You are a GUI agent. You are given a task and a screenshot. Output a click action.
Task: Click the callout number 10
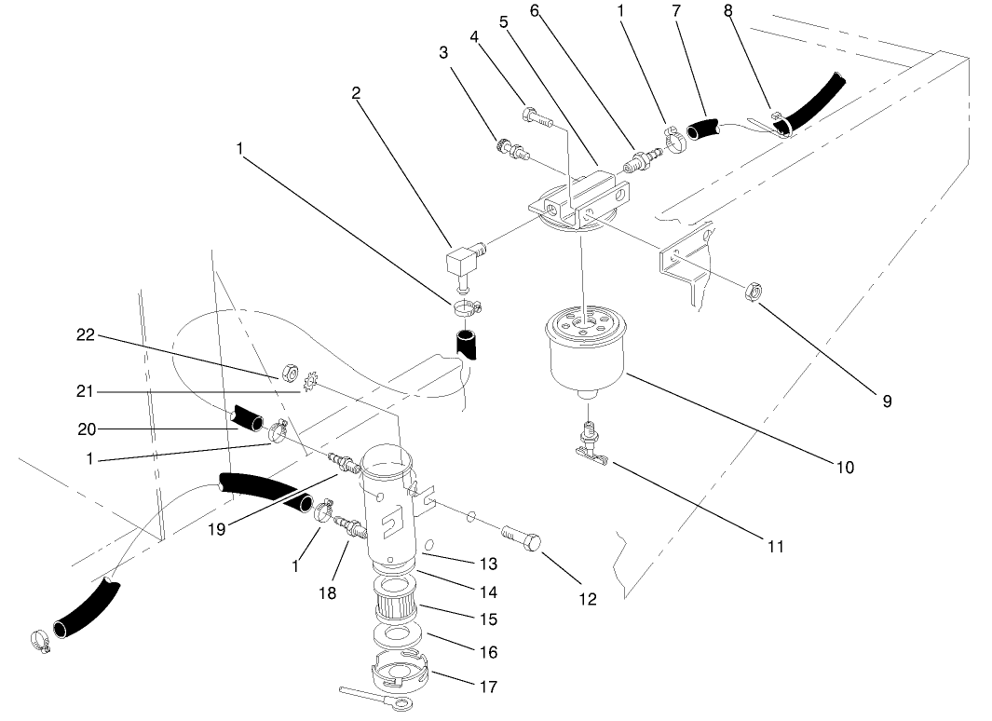844,468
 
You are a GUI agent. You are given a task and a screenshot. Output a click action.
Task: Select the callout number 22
86,335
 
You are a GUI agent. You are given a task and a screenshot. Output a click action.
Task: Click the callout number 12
588,599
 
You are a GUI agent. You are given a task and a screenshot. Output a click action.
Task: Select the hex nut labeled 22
289,374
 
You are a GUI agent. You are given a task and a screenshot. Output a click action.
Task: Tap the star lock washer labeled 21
312,384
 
